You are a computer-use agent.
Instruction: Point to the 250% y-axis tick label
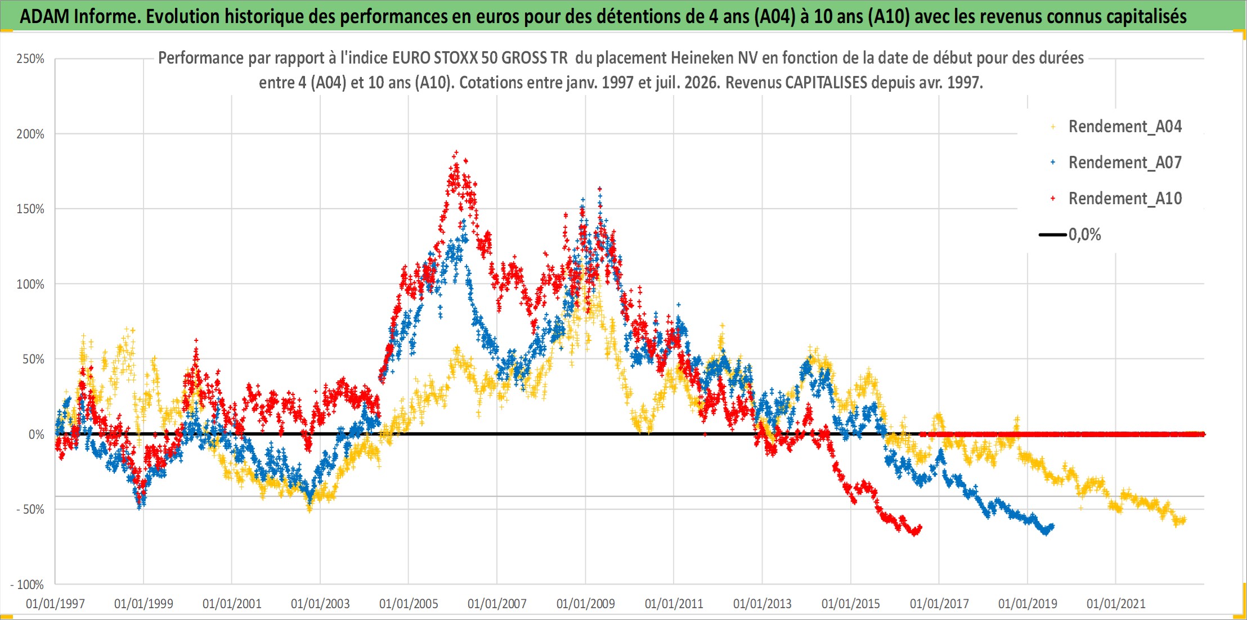point(30,59)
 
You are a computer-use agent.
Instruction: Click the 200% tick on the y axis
point(30,134)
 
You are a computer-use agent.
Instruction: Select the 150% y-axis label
point(30,209)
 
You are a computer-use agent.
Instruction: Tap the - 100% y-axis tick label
point(27,585)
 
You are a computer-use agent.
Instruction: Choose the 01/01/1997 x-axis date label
point(55,604)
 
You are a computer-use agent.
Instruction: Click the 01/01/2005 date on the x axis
point(409,604)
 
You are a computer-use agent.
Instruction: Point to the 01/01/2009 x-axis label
point(586,604)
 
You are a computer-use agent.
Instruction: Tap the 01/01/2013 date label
point(762,604)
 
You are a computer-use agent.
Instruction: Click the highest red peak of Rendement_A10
point(456,152)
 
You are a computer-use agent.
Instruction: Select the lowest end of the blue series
point(1046,532)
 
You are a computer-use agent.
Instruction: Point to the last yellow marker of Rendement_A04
point(1183,520)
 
